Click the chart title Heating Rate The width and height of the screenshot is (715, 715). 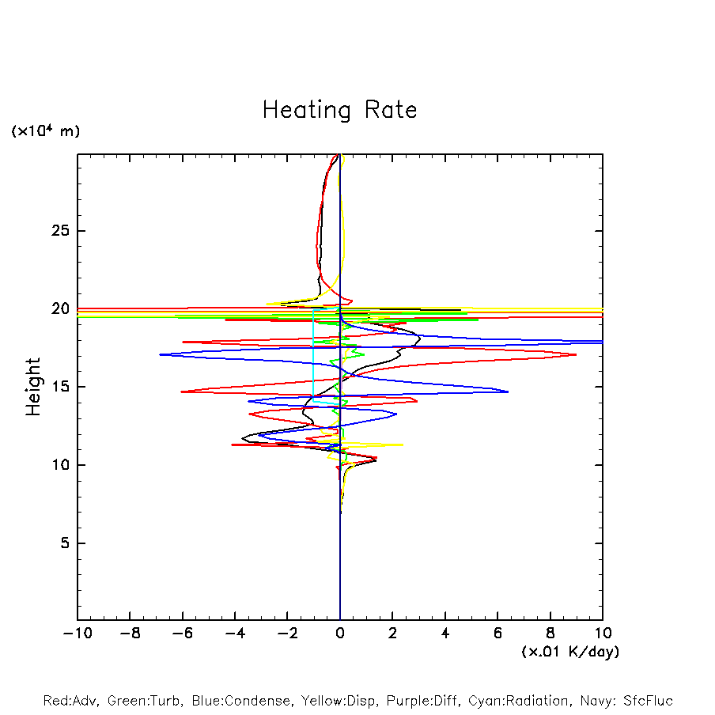[339, 110]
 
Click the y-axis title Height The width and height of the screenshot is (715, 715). [33, 387]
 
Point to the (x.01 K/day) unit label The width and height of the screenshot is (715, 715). [569, 652]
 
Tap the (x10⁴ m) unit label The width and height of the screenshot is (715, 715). [45, 131]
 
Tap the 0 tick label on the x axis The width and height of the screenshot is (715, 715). [340, 634]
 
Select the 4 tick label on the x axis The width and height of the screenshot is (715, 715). [445, 634]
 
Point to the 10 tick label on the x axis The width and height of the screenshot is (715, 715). [602, 634]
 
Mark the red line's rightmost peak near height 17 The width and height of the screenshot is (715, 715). [577, 354]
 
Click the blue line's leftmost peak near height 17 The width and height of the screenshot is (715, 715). [160, 354]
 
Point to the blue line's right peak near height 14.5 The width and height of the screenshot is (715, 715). [508, 392]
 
